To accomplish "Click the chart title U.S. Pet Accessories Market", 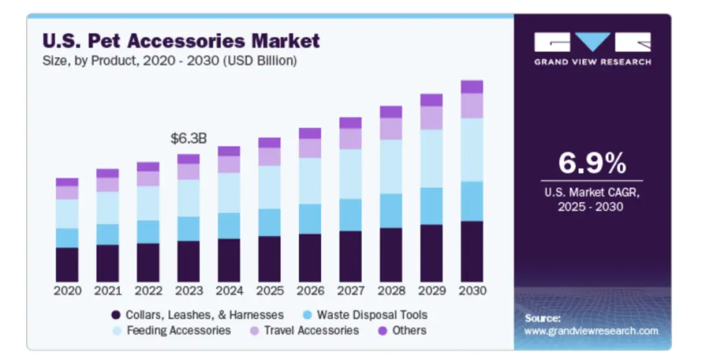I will (x=181, y=41).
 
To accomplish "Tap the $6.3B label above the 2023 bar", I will (x=188, y=138).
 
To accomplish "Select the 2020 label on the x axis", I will (x=67, y=290).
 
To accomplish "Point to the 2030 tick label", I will (x=472, y=290).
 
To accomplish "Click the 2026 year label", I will (x=310, y=290).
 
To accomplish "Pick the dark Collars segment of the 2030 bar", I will (x=472, y=251).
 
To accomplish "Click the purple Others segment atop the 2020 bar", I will (x=67, y=182).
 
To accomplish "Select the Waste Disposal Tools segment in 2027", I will (x=350, y=214).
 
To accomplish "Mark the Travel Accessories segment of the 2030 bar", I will (x=472, y=105).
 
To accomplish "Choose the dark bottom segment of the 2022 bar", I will (x=148, y=262).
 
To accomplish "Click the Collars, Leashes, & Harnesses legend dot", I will (x=116, y=315).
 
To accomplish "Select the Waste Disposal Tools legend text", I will (x=372, y=315).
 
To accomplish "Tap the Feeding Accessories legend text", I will (x=179, y=331).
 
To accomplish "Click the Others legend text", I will (x=409, y=331).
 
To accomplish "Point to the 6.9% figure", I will (x=591, y=164).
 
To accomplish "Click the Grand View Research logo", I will (x=592, y=49).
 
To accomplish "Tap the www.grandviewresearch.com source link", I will (x=591, y=331).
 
